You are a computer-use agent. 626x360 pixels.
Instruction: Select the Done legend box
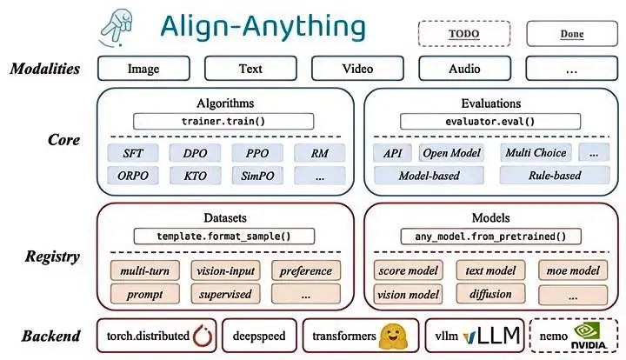(571, 34)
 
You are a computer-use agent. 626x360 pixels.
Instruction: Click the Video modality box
(357, 68)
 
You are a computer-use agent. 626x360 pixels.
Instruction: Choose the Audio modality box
(466, 68)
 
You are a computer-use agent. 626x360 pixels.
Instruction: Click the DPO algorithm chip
(196, 153)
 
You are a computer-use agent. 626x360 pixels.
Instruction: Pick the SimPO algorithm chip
(257, 175)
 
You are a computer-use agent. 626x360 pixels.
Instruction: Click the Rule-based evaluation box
(554, 175)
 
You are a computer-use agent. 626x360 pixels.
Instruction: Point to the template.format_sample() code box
(224, 236)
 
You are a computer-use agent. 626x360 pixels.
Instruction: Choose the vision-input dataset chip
(223, 270)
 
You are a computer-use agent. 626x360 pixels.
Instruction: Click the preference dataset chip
(305, 270)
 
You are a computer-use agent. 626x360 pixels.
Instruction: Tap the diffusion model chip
(489, 294)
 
